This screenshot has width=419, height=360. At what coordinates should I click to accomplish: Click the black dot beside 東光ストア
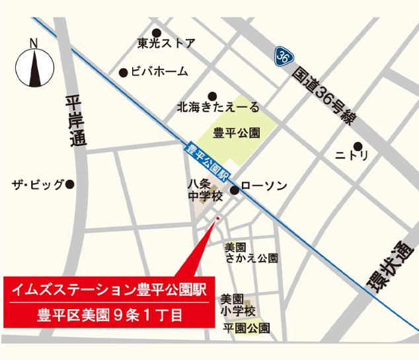[157, 32]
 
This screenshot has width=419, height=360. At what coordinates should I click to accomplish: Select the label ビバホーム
[159, 72]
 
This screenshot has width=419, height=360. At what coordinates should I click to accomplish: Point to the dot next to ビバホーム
[123, 73]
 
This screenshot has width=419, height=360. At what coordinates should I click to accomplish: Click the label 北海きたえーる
[217, 107]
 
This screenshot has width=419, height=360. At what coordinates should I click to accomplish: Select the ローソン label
[264, 187]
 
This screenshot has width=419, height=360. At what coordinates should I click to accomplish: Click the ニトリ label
[352, 156]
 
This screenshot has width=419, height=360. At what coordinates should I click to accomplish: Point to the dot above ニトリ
[358, 145]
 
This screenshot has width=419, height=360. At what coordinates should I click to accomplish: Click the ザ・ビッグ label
[38, 184]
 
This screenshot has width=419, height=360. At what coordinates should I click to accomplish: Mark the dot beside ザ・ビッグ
[70, 184]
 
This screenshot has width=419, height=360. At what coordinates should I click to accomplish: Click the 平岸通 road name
[75, 122]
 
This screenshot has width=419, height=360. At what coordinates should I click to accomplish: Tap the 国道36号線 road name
[324, 96]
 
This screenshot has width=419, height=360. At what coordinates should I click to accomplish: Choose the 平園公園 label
[246, 328]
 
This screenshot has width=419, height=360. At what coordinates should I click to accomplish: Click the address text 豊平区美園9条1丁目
[109, 314]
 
